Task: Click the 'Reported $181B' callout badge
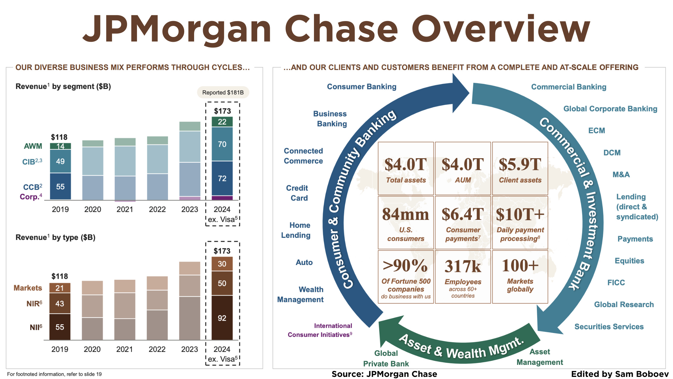click(x=223, y=92)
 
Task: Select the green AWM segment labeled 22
click(x=222, y=122)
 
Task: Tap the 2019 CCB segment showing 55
click(x=60, y=186)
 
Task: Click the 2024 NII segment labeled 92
click(x=222, y=318)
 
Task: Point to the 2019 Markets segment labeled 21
click(x=60, y=288)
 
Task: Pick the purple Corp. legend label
click(x=31, y=197)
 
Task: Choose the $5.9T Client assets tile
click(x=520, y=168)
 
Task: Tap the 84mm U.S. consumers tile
click(x=406, y=223)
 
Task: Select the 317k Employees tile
click(x=463, y=277)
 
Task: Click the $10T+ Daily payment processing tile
click(x=520, y=223)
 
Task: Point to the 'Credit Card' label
click(x=297, y=193)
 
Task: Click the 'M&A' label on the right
click(x=621, y=174)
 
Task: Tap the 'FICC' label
click(x=616, y=282)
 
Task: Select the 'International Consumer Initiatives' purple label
click(x=320, y=330)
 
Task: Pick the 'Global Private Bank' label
click(x=386, y=358)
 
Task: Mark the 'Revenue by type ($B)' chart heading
click(x=56, y=237)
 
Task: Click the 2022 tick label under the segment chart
click(x=157, y=209)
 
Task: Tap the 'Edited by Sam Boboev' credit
click(x=620, y=374)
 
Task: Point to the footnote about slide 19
click(x=54, y=374)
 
